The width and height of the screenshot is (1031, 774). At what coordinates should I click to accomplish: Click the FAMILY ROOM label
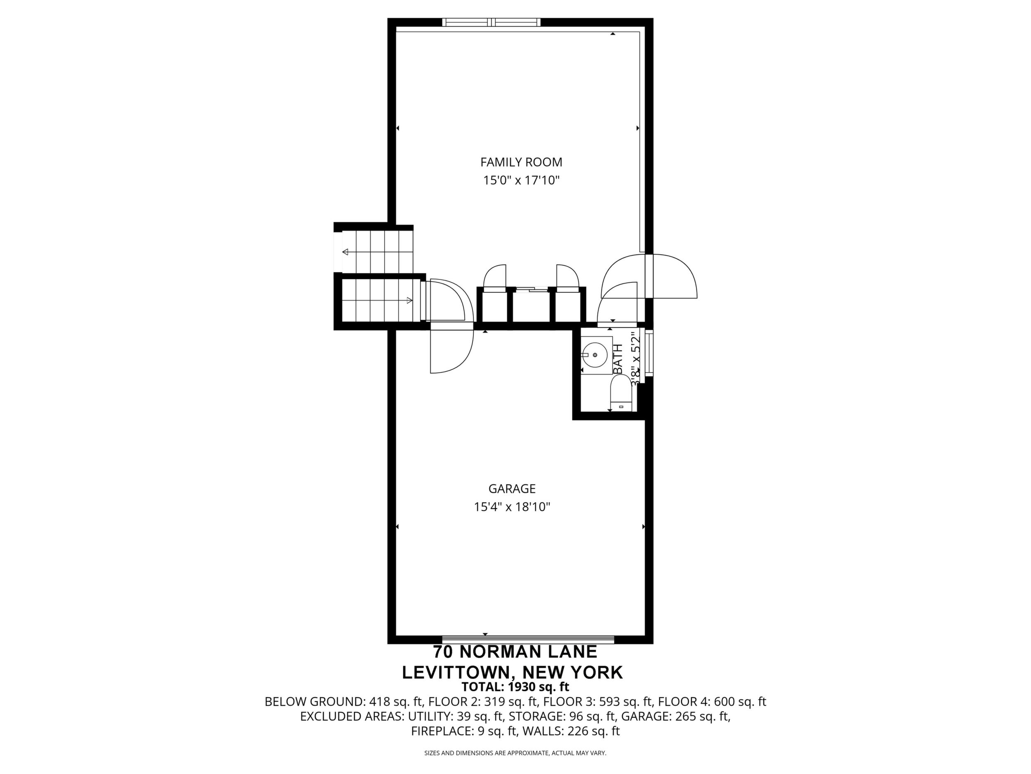[x=521, y=162]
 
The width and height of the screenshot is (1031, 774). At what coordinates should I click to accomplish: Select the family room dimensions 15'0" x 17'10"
[x=521, y=181]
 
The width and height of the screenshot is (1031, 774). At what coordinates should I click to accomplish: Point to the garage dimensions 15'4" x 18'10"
[x=512, y=507]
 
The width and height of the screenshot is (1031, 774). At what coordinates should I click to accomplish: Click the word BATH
[x=618, y=359]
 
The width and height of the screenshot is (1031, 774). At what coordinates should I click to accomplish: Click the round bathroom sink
[x=595, y=355]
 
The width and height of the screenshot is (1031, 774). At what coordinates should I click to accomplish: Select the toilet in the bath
[x=620, y=393]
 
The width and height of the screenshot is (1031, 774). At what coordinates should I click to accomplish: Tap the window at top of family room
[x=491, y=22]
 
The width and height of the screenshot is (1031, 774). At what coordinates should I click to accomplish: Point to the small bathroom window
[x=649, y=353]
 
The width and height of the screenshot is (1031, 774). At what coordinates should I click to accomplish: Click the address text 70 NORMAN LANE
[x=515, y=651]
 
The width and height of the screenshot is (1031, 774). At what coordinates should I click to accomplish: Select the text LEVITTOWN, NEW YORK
[x=512, y=672]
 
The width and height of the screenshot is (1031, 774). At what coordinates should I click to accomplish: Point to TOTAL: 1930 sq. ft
[x=515, y=687]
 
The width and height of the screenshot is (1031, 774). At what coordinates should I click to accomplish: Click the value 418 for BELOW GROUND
[x=378, y=702]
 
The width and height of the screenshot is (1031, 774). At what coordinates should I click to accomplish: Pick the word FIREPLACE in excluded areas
[x=442, y=731]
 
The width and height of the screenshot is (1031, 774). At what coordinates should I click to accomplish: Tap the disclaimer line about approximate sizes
[x=515, y=753]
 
